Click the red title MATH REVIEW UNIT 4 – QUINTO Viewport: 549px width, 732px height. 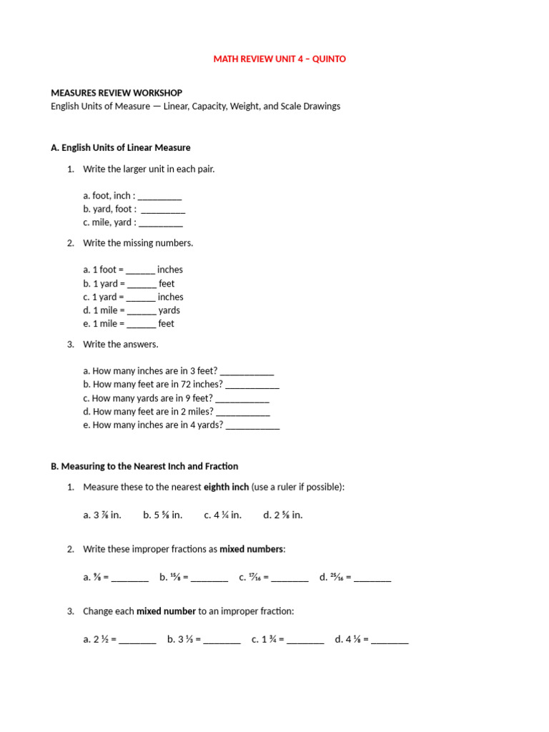click(280, 59)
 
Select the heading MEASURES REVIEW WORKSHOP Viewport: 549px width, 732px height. click(117, 93)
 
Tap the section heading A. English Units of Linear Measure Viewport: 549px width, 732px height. click(121, 148)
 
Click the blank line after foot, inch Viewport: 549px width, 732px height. click(159, 196)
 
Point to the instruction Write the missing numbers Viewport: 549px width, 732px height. click(138, 243)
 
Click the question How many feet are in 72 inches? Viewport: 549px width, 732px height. click(153, 385)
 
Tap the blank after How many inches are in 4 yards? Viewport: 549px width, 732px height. click(252, 425)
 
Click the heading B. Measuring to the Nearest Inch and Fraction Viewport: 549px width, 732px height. click(144, 466)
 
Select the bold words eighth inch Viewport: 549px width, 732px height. click(227, 487)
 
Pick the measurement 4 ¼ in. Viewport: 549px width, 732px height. click(222, 515)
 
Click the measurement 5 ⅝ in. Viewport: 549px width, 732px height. click(163, 515)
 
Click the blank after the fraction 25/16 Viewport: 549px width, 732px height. click(372, 578)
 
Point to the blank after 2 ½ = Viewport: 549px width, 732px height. click(137, 640)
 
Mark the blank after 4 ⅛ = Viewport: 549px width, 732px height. click(390, 640)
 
